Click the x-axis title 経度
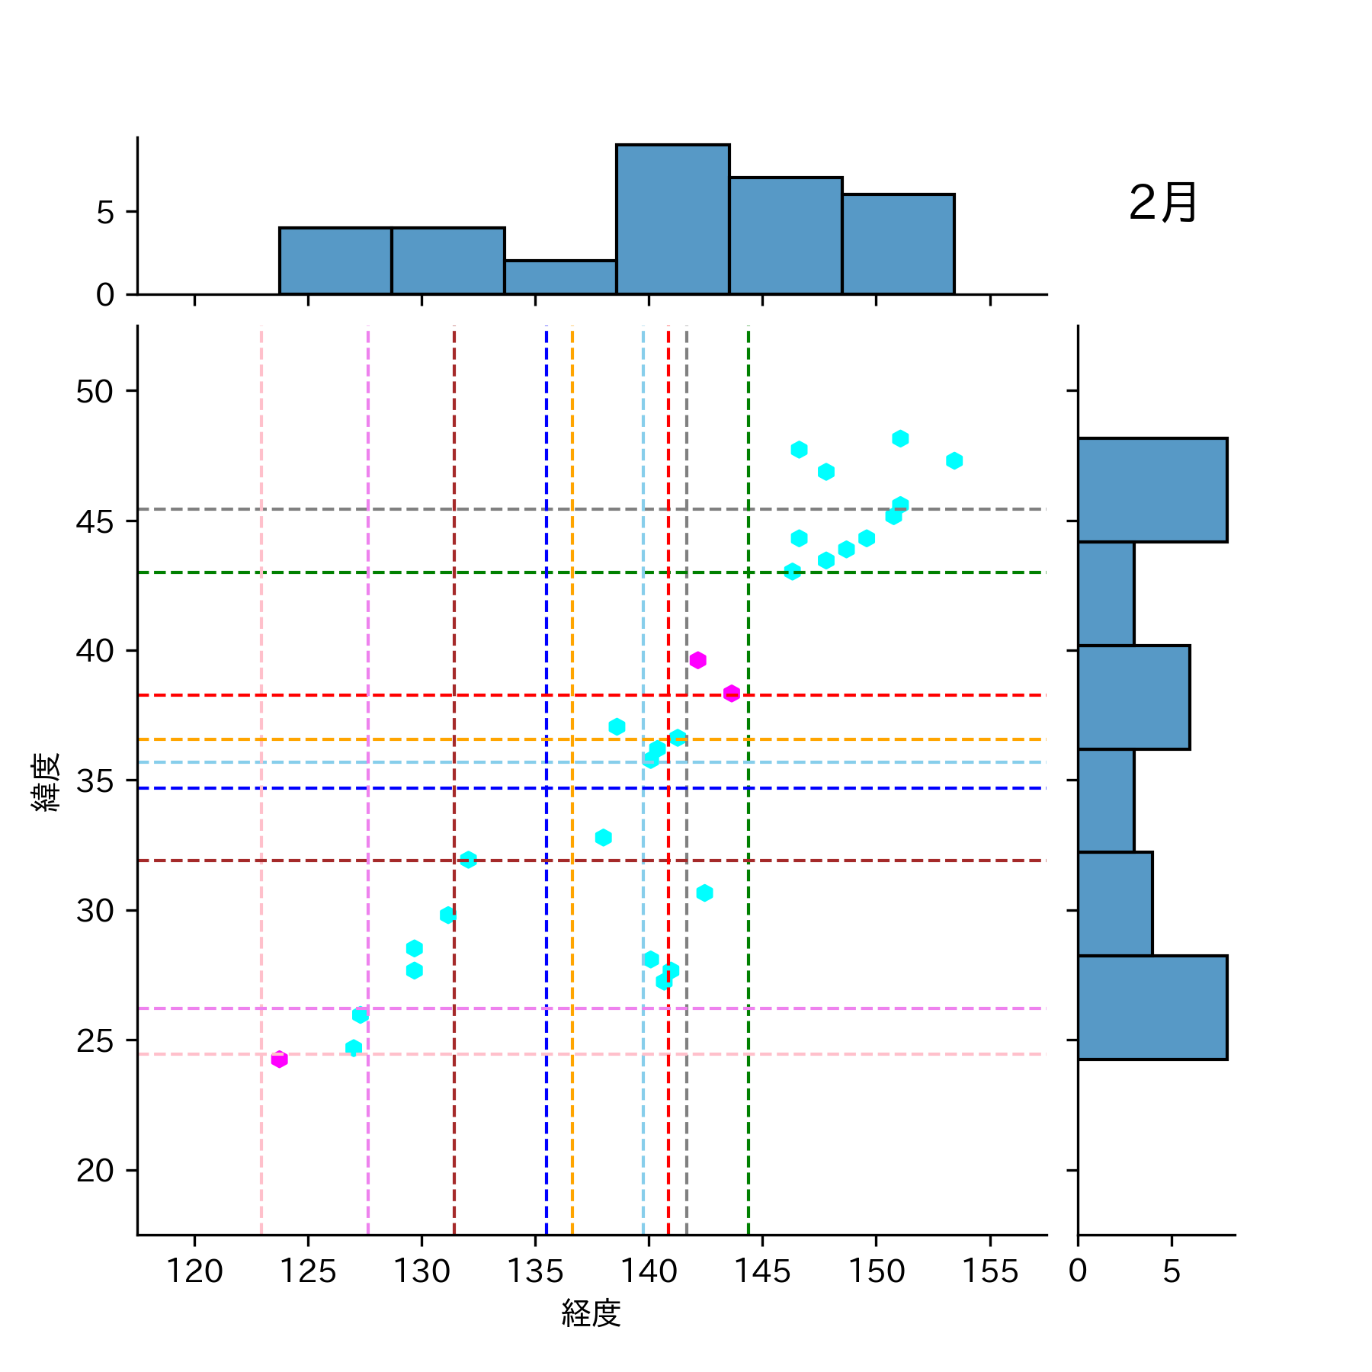click(591, 1313)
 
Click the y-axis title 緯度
click(46, 781)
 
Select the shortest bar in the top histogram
click(560, 277)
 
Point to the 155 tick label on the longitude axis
click(989, 1271)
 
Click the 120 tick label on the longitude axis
click(194, 1271)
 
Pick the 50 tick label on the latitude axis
click(95, 392)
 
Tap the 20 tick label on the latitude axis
click(95, 1171)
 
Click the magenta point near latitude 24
click(280, 1059)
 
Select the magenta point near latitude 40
click(697, 660)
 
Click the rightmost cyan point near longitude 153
click(954, 460)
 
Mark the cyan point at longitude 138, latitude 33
click(603, 838)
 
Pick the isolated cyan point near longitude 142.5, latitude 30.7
click(704, 893)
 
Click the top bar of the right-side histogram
click(1152, 490)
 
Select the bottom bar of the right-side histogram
click(1152, 1007)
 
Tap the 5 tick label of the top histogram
click(105, 213)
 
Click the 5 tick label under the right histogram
click(1172, 1271)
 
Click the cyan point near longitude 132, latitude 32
click(468, 860)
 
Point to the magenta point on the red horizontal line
click(732, 694)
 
